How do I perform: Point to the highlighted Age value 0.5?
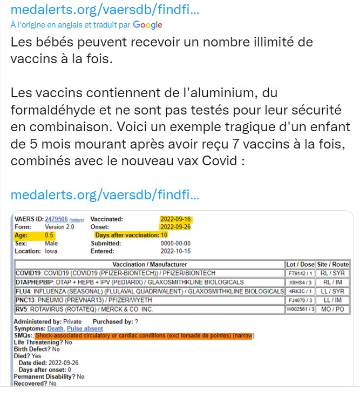coord(49,236)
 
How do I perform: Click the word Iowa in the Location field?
coord(51,251)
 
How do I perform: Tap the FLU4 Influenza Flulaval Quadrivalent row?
coord(150,291)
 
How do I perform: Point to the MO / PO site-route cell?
coord(332,308)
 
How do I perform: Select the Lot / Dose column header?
coord(300,265)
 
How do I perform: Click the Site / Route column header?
coord(332,265)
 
